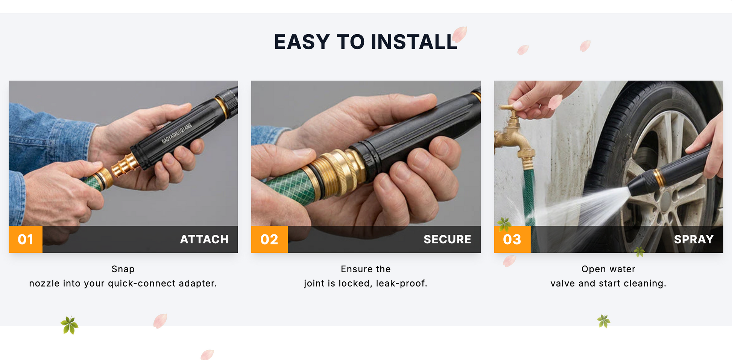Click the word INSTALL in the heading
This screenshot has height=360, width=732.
(x=414, y=42)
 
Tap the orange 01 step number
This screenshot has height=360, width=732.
(x=26, y=239)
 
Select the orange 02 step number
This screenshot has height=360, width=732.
(x=269, y=239)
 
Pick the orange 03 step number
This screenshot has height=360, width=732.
(x=512, y=239)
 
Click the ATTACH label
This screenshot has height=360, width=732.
(x=204, y=239)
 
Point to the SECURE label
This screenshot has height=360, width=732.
(x=447, y=239)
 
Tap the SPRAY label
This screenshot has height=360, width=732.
(x=694, y=239)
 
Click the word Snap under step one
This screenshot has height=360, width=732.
(x=123, y=269)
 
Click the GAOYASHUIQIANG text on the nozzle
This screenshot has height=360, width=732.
(x=177, y=133)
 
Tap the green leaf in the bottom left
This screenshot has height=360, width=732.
(x=70, y=325)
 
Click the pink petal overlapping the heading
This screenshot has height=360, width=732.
(x=460, y=34)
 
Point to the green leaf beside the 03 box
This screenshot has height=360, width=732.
(x=504, y=224)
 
